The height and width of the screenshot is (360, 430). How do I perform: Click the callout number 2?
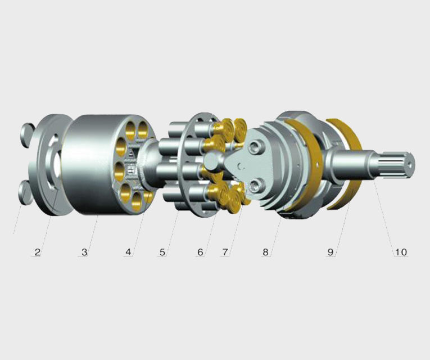coord(38,251)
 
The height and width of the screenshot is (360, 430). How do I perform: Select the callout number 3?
coord(84,251)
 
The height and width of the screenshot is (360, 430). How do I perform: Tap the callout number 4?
coord(128,251)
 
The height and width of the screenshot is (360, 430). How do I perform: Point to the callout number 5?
coord(162,251)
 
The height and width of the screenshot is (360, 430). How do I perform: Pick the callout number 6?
coord(201,251)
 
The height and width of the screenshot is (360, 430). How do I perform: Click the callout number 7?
coord(225,251)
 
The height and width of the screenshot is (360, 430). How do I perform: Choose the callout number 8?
coord(265,251)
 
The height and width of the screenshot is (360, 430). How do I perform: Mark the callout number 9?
coord(331,251)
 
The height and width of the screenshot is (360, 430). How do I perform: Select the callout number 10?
coord(401,251)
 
